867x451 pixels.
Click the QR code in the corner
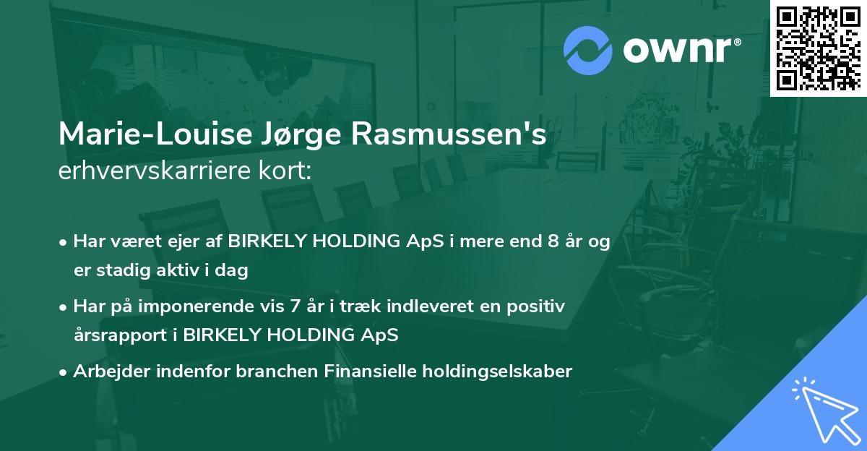pos(818,48)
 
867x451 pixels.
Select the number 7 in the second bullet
pos(295,306)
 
